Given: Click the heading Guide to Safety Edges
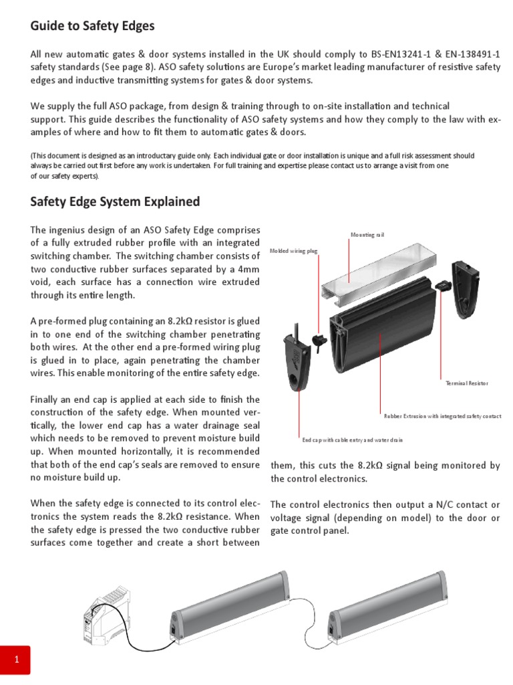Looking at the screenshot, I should click(92, 26).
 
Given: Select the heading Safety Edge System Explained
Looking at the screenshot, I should click(115, 201).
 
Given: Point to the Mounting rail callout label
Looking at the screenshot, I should click(367, 235).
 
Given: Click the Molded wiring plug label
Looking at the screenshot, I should click(293, 250).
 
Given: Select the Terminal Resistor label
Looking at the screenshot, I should click(466, 383).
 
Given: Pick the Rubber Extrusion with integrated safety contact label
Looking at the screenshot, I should click(442, 416).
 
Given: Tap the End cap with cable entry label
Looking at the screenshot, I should click(352, 440).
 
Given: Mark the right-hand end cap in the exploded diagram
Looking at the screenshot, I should click(466, 288).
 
